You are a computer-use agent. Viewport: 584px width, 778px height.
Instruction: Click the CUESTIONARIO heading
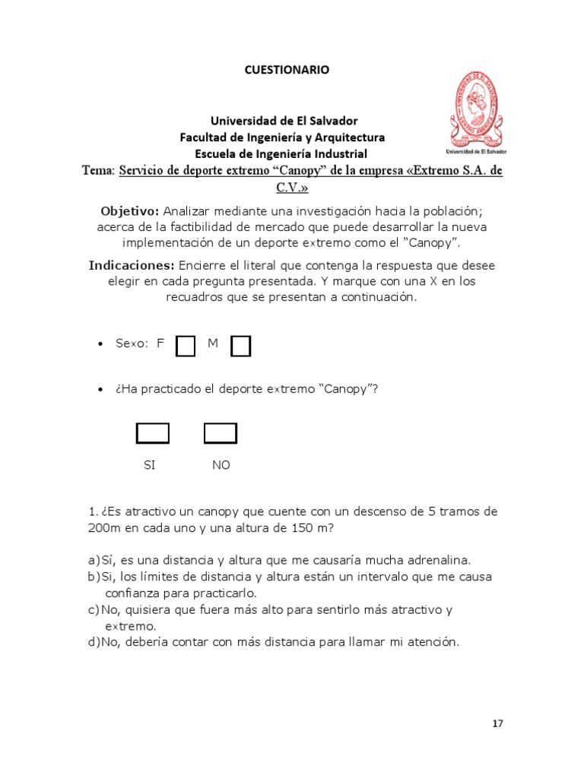(287, 70)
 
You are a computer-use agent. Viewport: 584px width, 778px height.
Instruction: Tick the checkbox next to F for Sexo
(186, 346)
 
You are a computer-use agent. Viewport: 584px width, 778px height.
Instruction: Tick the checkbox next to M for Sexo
(241, 346)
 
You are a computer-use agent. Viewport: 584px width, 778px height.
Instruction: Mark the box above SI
(152, 433)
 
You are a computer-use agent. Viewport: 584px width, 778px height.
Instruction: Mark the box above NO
(221, 433)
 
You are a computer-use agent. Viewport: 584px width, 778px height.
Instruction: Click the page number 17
(497, 723)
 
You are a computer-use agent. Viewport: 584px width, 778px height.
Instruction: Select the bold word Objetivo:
(130, 210)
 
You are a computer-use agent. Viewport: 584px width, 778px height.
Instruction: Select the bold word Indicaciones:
(132, 265)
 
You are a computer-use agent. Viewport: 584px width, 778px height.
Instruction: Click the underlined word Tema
(97, 171)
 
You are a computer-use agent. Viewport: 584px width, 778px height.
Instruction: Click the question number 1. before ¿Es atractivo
(93, 512)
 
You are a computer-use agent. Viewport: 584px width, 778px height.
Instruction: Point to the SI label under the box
(149, 465)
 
